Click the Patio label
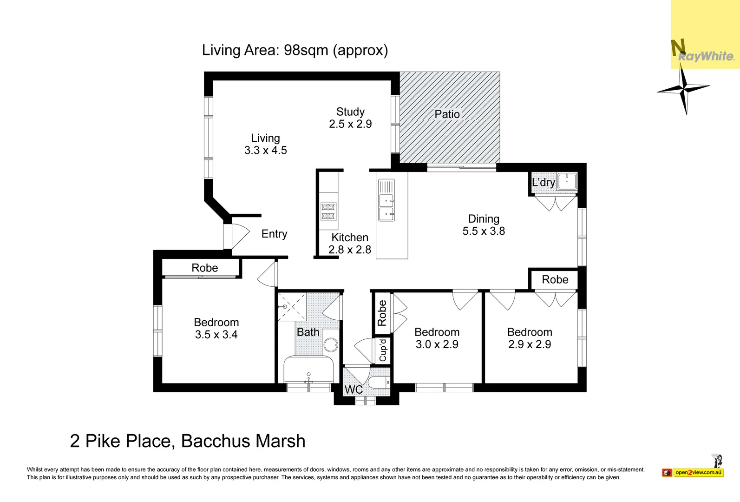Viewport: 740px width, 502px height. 447,114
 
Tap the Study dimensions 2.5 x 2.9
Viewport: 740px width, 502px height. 350,124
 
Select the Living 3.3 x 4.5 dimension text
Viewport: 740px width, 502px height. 265,150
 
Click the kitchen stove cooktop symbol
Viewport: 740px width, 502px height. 328,211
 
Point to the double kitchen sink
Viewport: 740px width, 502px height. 386,207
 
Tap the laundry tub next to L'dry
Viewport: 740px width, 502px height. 567,181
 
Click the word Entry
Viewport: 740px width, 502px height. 274,234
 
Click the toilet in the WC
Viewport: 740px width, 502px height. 379,383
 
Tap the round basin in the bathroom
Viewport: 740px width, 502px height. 331,345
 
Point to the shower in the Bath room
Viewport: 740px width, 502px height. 292,306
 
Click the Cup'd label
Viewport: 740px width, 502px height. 383,350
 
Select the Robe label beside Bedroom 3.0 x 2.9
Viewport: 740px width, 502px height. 382,313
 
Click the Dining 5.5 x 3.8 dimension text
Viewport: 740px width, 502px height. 484,231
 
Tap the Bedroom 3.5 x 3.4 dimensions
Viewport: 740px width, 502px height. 216,335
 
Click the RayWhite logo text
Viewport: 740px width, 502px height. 706,57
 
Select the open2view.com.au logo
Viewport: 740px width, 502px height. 698,472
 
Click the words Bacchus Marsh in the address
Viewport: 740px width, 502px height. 243,441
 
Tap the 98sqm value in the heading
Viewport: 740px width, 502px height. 306,50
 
